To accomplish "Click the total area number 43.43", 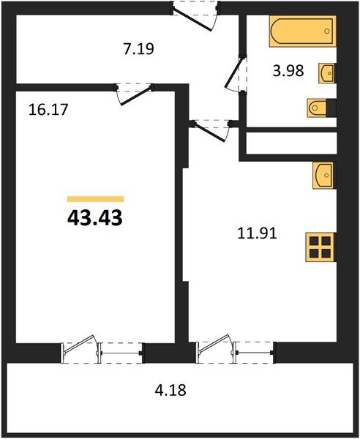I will (95, 217).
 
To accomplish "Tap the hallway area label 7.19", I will (137, 50).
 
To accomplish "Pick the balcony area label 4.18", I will (172, 390).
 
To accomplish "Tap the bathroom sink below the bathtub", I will (327, 73).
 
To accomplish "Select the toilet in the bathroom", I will (320, 108).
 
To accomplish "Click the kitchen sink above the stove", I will (323, 176).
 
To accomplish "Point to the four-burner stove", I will (320, 247).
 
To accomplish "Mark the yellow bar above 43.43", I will (95, 198).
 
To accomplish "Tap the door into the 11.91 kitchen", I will (211, 130).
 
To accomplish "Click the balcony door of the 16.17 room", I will (80, 349).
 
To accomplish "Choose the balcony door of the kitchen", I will (215, 349).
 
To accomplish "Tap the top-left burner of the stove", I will (314, 240).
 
